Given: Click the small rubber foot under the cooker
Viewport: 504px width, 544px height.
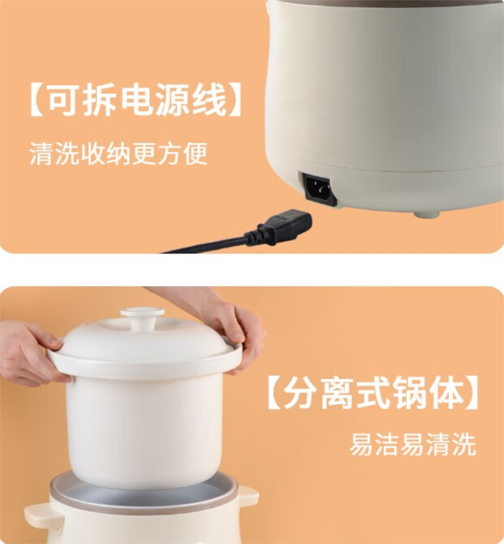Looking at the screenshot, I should pyautogui.click(x=427, y=214).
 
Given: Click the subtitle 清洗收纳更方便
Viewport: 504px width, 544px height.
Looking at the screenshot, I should pyautogui.click(x=118, y=154).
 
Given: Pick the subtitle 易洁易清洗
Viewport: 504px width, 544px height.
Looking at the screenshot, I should pyautogui.click(x=413, y=444).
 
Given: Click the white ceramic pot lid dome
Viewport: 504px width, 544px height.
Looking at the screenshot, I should pyautogui.click(x=145, y=340).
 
